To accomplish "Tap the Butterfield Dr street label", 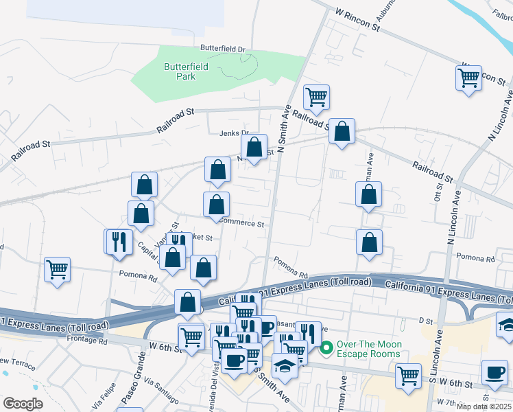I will (x=222, y=49).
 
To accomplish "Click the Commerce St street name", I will (x=241, y=224).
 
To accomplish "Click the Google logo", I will (x=22, y=404).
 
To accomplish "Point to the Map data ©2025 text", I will (x=484, y=407).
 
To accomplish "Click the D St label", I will (x=427, y=320).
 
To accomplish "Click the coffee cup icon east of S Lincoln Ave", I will (x=494, y=373).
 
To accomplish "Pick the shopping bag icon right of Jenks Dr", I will (x=254, y=148).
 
